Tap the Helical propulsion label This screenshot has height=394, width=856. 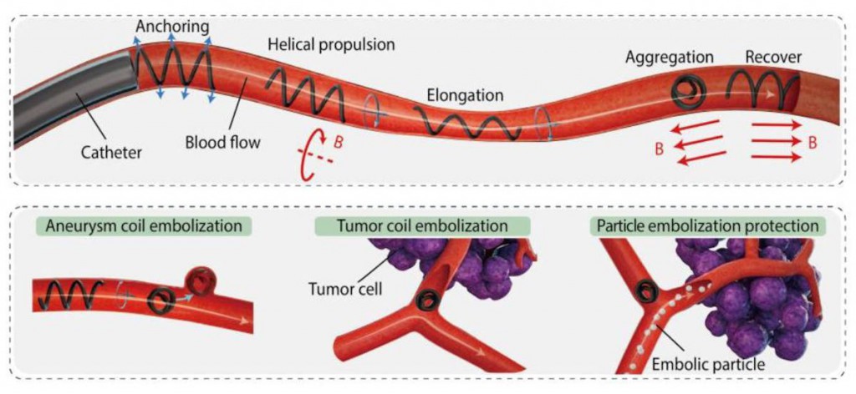pyautogui.click(x=331, y=43)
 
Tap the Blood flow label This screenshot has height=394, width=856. pyautogui.click(x=223, y=142)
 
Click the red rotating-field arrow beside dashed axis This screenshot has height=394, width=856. pyautogui.click(x=308, y=152)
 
